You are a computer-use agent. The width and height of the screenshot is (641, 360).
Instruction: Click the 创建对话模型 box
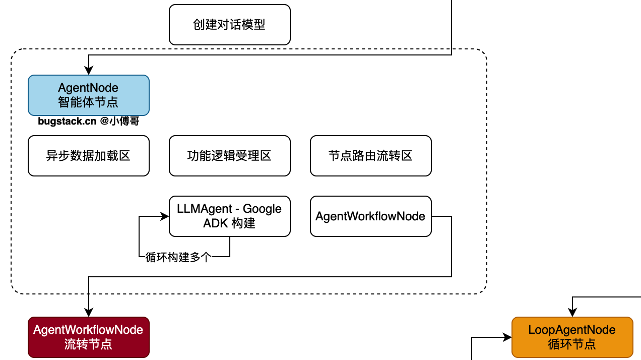(x=230, y=25)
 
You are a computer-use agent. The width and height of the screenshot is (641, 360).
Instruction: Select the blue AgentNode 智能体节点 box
(x=89, y=95)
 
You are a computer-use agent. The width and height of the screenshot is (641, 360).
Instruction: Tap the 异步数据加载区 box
(x=89, y=156)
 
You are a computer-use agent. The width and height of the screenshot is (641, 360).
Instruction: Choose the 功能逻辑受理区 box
(x=230, y=156)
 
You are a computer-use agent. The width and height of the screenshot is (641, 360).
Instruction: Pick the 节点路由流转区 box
(x=371, y=156)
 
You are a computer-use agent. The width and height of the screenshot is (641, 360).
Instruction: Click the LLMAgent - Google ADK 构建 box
(x=230, y=216)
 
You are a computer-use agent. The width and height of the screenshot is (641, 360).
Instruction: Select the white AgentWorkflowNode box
(x=371, y=216)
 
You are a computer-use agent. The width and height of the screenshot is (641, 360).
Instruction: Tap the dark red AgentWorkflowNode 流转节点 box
(x=89, y=337)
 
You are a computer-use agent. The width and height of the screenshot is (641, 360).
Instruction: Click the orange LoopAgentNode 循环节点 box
(x=572, y=337)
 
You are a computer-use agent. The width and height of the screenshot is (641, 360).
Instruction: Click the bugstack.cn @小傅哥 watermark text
(x=89, y=121)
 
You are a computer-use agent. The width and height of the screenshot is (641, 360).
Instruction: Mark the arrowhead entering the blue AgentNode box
(x=89, y=72)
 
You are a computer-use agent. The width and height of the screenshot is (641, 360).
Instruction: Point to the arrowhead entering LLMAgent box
(x=165, y=216)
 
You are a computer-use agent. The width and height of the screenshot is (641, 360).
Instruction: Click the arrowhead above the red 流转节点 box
(x=89, y=314)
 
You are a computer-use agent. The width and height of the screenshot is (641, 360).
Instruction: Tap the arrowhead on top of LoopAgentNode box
(x=572, y=314)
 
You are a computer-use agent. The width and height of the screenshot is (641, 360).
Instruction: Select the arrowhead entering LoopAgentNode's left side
(x=508, y=337)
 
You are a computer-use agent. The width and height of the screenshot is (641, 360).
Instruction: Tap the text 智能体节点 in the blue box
(x=89, y=102)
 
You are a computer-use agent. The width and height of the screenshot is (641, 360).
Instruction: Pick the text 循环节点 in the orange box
(x=572, y=345)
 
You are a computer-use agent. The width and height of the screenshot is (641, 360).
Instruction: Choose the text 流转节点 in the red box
(x=89, y=345)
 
